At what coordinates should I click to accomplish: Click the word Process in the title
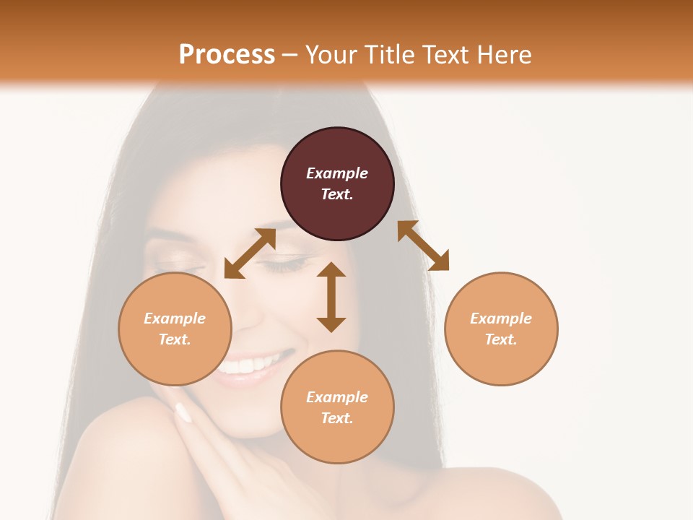click(x=227, y=55)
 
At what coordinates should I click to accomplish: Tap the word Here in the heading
click(x=504, y=55)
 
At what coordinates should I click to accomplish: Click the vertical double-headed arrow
click(x=331, y=297)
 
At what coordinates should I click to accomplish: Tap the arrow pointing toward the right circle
click(x=424, y=246)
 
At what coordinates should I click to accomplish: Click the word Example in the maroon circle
click(x=337, y=173)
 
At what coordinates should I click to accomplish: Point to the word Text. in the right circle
click(x=501, y=339)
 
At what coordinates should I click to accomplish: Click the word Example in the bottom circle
click(x=337, y=397)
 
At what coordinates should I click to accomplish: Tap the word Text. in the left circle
click(x=175, y=339)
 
